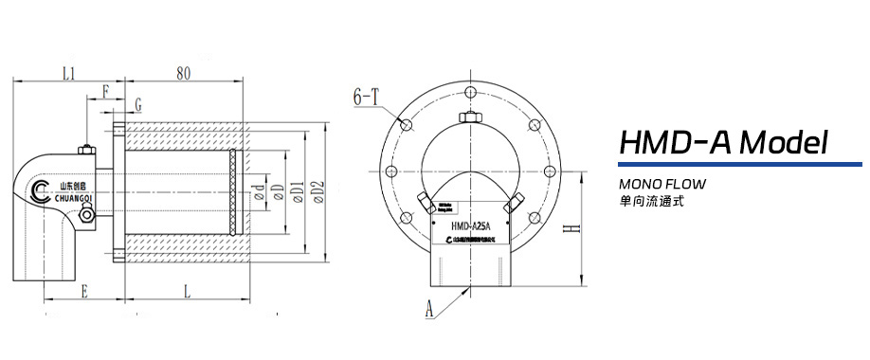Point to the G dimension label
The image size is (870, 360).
coord(138,103)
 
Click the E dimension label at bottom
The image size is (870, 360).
coord(84,293)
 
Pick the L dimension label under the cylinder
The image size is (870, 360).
coord(186,293)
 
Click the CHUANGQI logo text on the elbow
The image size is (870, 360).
coord(68,199)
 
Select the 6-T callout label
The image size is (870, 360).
coord(366,96)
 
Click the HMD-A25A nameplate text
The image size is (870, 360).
coord(470,225)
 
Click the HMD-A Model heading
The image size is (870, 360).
coord(724,143)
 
